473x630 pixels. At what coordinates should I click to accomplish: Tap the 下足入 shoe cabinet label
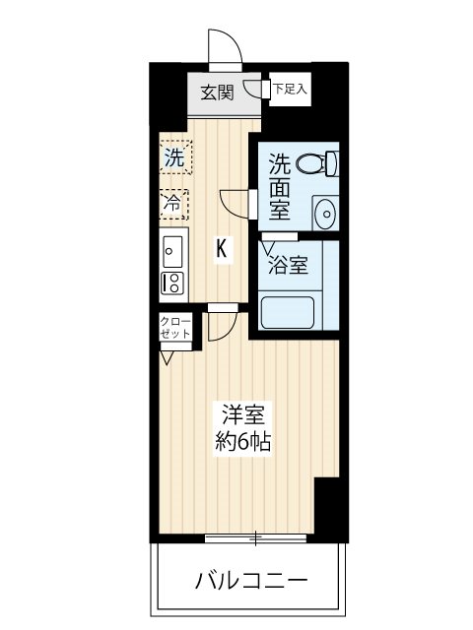290,90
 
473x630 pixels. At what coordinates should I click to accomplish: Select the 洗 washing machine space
173,156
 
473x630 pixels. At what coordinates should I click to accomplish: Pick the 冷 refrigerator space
172,204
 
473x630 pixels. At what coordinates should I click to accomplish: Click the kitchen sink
172,250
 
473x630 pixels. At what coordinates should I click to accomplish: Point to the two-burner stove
171,283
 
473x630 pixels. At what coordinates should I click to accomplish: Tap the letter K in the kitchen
223,250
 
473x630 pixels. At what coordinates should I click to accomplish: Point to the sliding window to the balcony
255,537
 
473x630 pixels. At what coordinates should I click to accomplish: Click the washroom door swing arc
236,202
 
